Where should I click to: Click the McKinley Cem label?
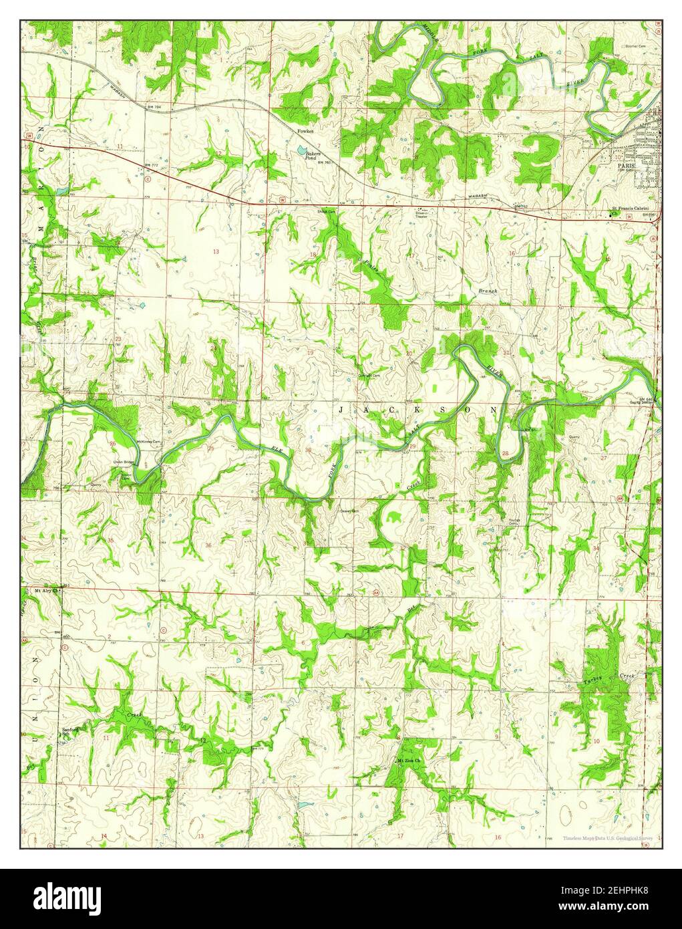149,442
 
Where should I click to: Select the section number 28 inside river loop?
505,454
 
